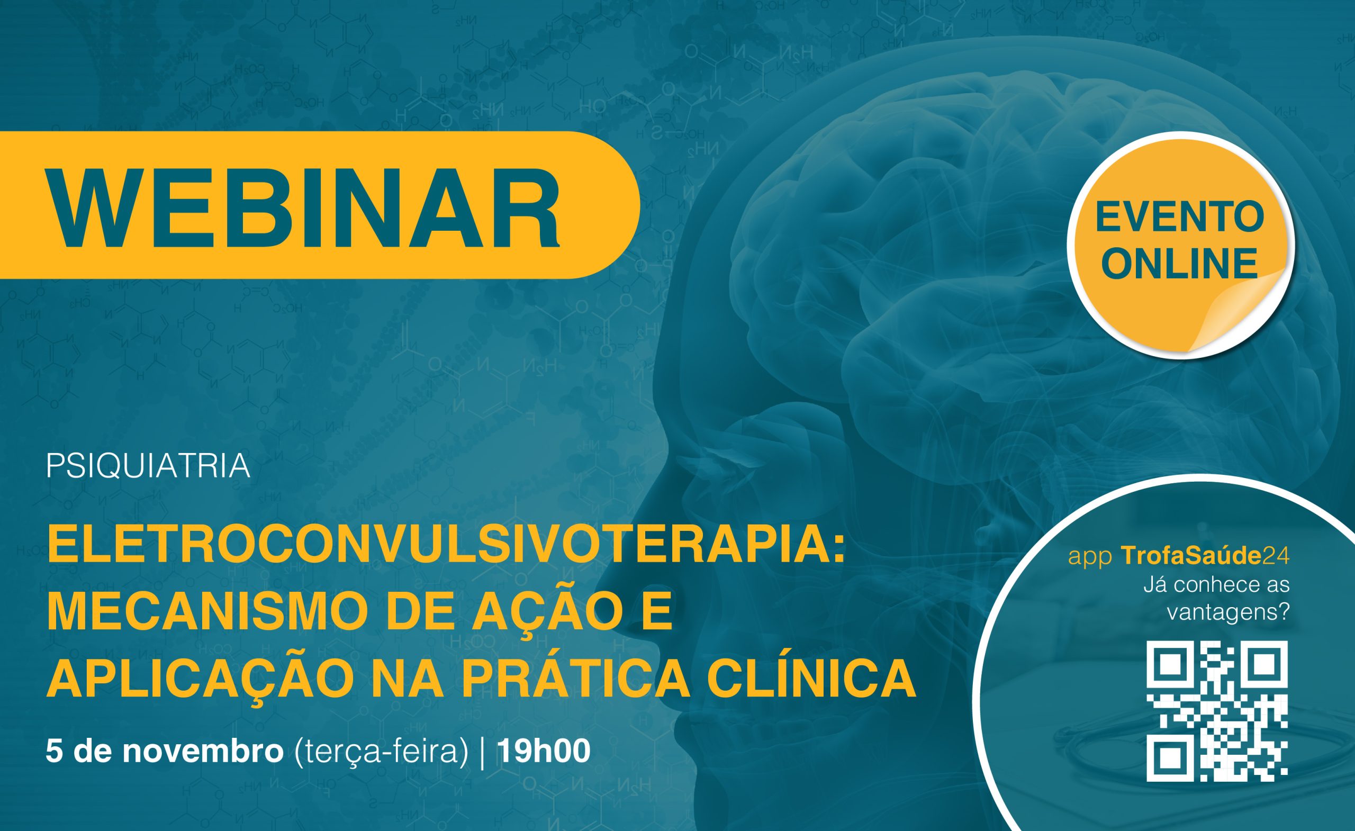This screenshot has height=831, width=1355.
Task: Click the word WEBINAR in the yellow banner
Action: pos(304,206)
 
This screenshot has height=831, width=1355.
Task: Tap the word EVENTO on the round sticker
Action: pos(1180,218)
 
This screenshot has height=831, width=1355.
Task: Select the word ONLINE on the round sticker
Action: pos(1180,263)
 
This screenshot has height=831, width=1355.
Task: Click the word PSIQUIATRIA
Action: pos(148,466)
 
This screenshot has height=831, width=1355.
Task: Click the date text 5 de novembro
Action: pos(165,751)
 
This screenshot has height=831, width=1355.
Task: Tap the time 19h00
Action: pos(543,751)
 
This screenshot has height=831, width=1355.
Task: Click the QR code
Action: pos(1217,711)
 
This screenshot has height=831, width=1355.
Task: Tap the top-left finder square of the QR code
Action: pos(1169,663)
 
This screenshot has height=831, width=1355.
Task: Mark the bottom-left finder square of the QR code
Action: pos(1169,760)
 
